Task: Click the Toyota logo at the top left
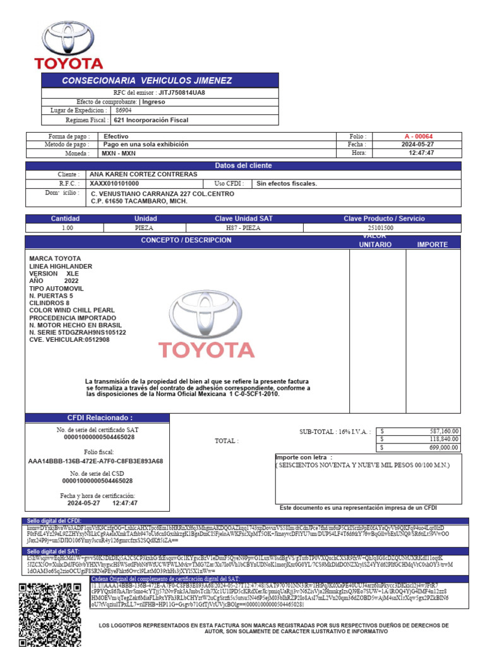[x=68, y=45]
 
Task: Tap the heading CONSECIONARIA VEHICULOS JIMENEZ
[x=147, y=81]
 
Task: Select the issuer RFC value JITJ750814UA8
[x=182, y=92]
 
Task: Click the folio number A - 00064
[x=419, y=136]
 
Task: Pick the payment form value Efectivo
[x=116, y=136]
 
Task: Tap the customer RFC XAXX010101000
[x=114, y=184]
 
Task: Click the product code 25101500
[x=381, y=227]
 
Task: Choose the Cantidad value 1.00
[x=66, y=227]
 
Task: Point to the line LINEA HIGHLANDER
[x=61, y=267]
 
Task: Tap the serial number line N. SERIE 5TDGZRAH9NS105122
[x=78, y=332]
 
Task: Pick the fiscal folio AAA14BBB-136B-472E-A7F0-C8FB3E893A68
[x=96, y=461]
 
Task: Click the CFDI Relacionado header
[x=97, y=418]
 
